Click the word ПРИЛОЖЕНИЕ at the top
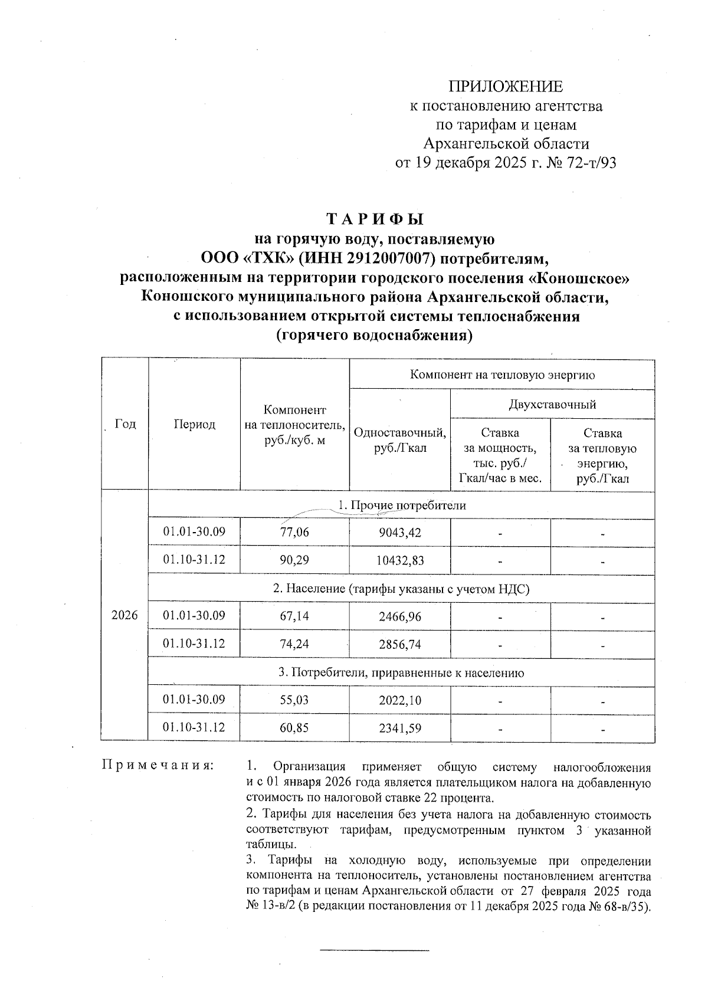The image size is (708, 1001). coord(506,87)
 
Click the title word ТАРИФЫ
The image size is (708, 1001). coord(375,219)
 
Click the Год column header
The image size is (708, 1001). coord(125,424)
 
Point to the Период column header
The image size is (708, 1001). coord(194,424)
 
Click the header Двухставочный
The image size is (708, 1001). coord(552,405)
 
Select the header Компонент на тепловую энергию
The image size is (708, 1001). coord(502,375)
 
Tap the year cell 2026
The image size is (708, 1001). coord(124,615)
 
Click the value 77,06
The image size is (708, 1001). coord(294,533)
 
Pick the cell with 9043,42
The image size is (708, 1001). coord(399,533)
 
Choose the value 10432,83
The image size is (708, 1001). coord(399,560)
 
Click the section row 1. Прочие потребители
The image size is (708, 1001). coord(401,506)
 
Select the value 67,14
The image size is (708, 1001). coord(294,616)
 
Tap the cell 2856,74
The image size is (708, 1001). coord(399,644)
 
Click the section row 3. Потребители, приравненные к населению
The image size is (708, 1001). coord(401,672)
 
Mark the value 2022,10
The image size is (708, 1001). coord(399,700)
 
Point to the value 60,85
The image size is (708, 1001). coord(294,728)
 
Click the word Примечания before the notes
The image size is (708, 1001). coord(158,766)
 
